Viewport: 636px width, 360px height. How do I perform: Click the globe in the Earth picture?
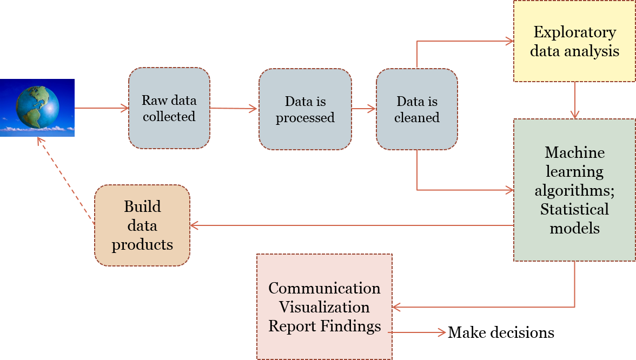pos(37,106)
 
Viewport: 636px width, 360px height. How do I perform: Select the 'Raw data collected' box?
pos(169,109)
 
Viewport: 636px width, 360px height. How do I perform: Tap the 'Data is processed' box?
pos(305,109)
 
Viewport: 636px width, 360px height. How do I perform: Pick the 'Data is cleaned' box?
pos(417,109)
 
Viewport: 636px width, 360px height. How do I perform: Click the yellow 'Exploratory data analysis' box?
pos(574,41)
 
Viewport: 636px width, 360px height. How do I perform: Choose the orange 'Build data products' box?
pos(142,225)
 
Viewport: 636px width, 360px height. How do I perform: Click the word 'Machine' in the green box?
pos(574,152)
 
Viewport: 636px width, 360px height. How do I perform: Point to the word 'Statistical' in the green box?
pos(574,209)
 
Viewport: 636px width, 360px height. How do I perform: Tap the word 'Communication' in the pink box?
pos(324,288)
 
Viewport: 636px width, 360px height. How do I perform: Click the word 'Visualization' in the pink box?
pos(324,307)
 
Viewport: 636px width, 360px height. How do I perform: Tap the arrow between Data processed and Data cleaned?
pos(363,109)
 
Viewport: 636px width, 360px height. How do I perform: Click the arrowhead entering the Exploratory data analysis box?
pos(508,41)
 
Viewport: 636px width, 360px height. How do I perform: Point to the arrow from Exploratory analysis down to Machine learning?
pos(574,101)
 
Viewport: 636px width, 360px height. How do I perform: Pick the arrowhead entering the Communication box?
pos(397,308)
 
